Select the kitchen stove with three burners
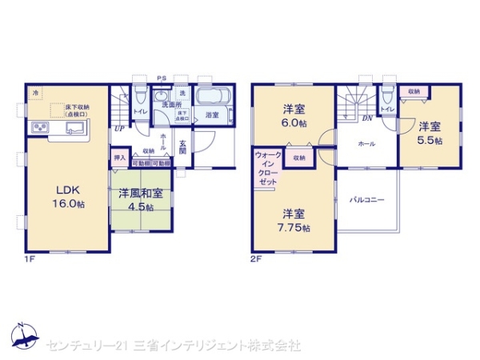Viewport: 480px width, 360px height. [x=40, y=128]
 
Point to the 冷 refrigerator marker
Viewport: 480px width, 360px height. [x=35, y=94]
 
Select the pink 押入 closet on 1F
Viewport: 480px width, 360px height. [x=119, y=158]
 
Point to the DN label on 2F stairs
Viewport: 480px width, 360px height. [x=366, y=118]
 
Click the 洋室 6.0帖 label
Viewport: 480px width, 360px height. [x=292, y=116]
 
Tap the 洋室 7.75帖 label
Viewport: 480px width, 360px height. [x=292, y=220]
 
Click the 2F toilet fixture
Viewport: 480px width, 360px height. [x=388, y=94]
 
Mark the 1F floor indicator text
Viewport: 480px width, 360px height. [x=30, y=259]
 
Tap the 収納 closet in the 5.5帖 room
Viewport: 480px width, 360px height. [x=413, y=92]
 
